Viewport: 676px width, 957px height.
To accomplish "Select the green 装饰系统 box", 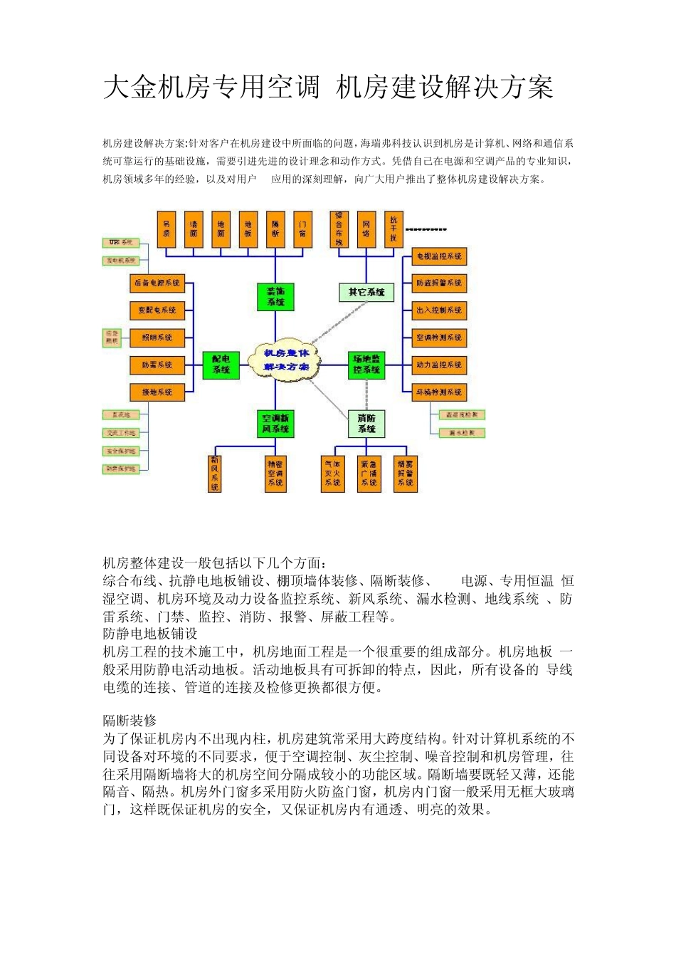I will coord(275,297).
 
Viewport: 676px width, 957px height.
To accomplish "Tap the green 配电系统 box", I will coord(221,365).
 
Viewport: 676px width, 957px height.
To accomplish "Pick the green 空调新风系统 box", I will coord(275,424).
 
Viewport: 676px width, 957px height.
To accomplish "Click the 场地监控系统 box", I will coord(366,365).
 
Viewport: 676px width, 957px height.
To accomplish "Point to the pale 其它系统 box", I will coord(366,292).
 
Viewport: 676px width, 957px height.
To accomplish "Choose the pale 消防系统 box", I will coord(366,424).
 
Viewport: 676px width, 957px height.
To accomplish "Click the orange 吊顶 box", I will coord(167,229).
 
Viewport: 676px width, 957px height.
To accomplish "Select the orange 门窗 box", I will coord(303,229).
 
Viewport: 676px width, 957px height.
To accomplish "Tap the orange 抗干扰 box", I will coord(394,229).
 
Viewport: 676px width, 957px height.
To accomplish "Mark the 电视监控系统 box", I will coord(439,256).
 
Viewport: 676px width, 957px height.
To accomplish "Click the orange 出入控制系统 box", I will coord(439,310).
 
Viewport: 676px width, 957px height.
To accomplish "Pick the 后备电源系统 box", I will coord(157,283).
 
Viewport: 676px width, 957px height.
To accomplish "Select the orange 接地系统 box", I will coord(157,392).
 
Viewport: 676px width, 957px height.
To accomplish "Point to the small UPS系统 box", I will coord(121,243).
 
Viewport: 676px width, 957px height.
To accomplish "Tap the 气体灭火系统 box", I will coord(332,474).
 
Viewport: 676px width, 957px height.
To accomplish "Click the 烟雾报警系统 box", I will coord(405,474).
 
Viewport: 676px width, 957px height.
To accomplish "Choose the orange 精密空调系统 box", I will coord(275,474).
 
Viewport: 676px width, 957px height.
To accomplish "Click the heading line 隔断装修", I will coord(130,721).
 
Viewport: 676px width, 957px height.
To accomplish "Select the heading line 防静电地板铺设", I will coord(150,634).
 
